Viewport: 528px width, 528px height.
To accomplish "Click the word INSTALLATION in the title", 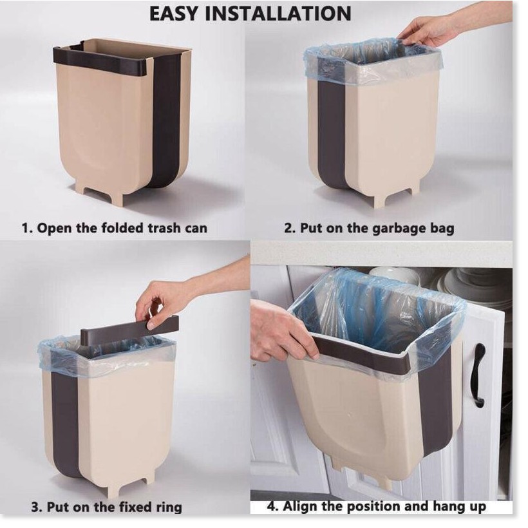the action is tap(278, 14).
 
